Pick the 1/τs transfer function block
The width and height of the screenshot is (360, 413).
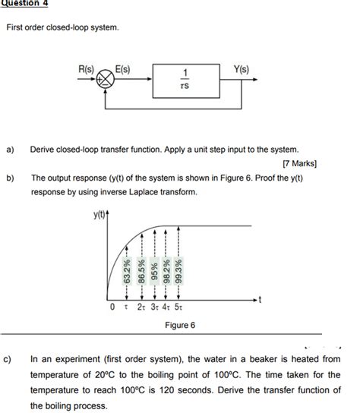(185, 80)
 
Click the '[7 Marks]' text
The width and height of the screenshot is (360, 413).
(299, 163)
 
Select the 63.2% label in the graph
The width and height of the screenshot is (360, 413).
(128, 270)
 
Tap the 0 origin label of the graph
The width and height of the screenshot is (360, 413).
(112, 307)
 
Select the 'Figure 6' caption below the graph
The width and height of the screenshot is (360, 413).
(180, 325)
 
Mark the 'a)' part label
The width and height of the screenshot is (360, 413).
(11, 150)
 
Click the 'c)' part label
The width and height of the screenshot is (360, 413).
(11, 358)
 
